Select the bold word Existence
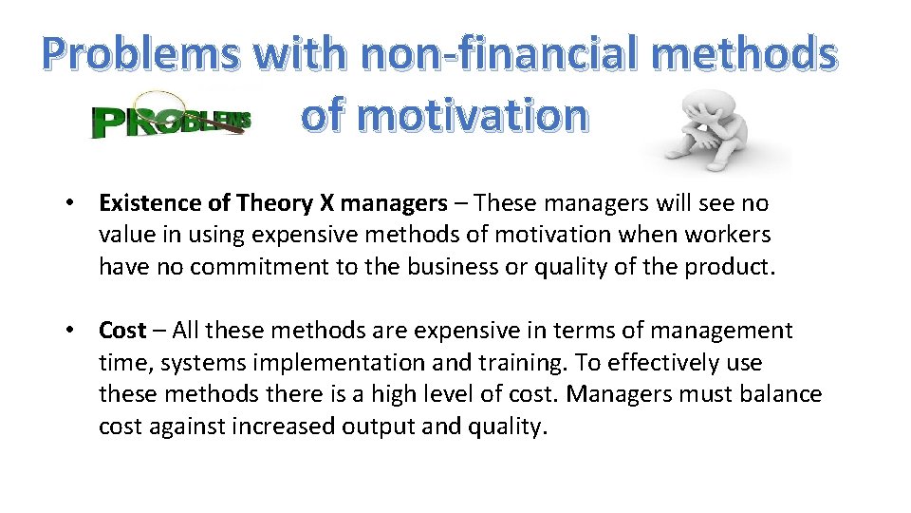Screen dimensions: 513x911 [x=150, y=203]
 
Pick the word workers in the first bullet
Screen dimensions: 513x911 [x=731, y=235]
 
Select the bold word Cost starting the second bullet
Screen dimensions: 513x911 [x=122, y=331]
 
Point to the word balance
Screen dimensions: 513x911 [x=778, y=394]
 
